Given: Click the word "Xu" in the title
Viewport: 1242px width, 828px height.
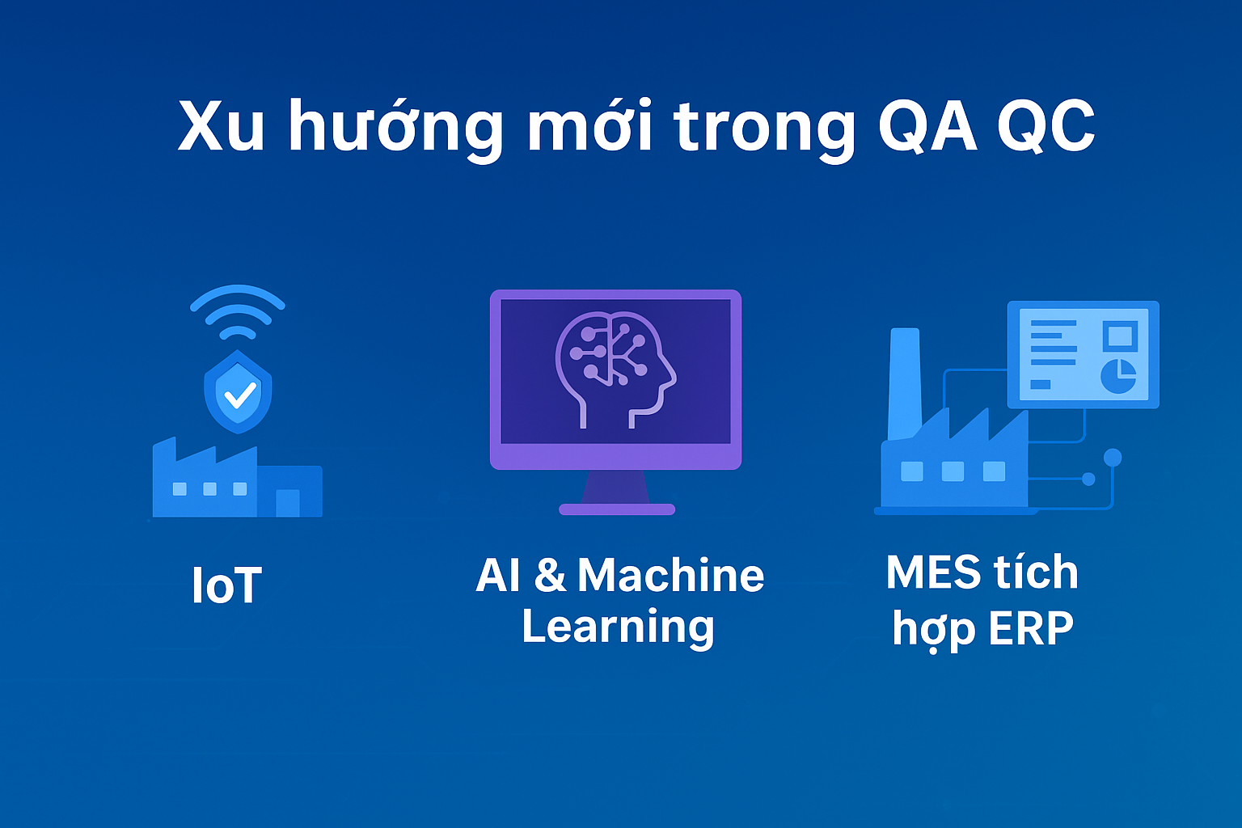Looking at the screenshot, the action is tap(221, 126).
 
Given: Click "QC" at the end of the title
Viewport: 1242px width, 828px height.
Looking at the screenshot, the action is tap(1046, 126).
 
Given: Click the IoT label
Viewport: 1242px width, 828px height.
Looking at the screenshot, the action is tap(226, 585).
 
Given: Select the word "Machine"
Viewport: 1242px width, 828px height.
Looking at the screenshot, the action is tap(671, 575).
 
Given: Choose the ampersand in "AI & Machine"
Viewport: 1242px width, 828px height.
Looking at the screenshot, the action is tap(550, 575).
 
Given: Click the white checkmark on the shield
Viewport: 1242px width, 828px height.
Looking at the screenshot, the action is tap(239, 395).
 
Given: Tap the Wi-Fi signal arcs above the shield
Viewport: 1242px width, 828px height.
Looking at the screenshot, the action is tap(237, 311).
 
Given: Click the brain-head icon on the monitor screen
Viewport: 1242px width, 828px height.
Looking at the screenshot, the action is tap(615, 370).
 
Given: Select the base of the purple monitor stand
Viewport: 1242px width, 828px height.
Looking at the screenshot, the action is tap(617, 509).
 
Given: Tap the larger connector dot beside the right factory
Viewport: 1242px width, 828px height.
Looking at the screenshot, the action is tap(1113, 458).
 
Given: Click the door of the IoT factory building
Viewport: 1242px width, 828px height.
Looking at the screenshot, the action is tap(288, 503).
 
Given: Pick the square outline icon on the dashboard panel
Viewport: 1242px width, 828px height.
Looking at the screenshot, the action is tap(1119, 336).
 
